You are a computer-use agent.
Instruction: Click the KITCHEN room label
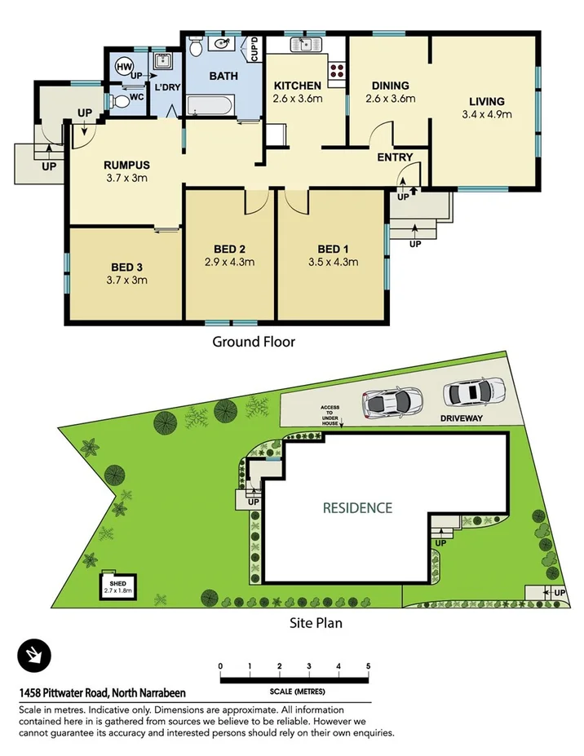point(298,86)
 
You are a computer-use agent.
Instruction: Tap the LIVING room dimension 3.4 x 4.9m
point(486,114)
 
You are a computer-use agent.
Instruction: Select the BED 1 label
point(330,249)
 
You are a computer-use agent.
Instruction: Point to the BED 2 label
point(230,249)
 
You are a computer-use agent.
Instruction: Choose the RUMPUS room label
point(128,165)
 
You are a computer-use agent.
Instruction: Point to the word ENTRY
point(395,157)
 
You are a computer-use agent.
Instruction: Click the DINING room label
point(390,86)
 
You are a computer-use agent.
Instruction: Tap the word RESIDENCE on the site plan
point(357,507)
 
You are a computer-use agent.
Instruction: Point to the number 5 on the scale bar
point(368,666)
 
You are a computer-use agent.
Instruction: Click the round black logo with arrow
point(34,655)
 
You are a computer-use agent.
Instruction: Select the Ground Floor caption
point(254,342)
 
